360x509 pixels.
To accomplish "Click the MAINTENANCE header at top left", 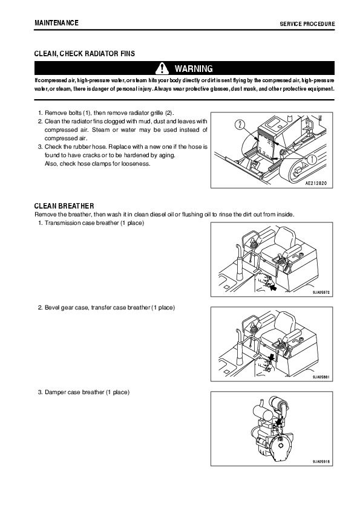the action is (x=56, y=23).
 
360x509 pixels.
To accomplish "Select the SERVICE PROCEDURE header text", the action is (x=307, y=24).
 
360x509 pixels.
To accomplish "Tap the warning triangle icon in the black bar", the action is (x=162, y=68).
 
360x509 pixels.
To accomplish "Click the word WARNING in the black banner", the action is (x=194, y=69).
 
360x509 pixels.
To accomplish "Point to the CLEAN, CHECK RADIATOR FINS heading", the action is (x=85, y=54).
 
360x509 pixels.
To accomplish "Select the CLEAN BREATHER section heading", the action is (x=64, y=206).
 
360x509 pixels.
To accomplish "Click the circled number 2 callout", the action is (x=240, y=125).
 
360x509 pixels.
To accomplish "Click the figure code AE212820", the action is (x=316, y=183).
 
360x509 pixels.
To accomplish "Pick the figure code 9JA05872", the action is (x=321, y=292).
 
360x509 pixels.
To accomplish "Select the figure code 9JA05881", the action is (x=321, y=377).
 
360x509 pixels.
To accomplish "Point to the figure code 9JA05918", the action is (x=321, y=461).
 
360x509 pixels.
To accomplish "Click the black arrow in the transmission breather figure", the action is (x=273, y=287).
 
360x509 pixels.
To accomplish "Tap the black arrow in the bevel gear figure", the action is (x=272, y=357).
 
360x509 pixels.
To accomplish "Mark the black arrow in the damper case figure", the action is (x=278, y=421).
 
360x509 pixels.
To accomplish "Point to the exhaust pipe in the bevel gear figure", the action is (x=239, y=348).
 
